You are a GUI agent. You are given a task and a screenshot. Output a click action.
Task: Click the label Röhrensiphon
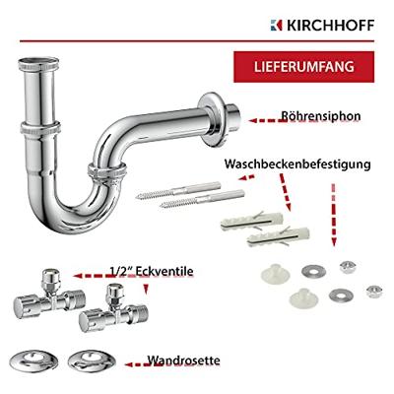pyautogui.click(x=320, y=115)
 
